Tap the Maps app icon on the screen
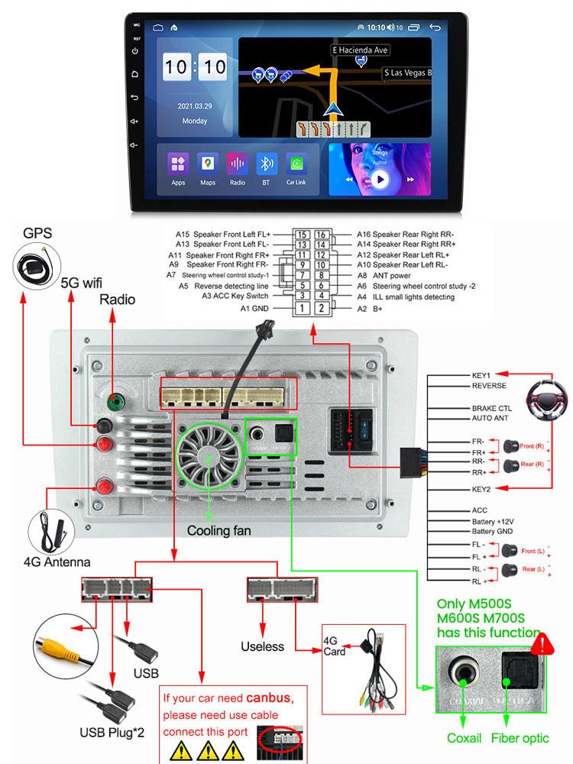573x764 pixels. point(208,163)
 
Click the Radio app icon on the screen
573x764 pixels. point(237,163)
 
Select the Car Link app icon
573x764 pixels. point(296,163)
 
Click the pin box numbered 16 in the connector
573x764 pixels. point(321,235)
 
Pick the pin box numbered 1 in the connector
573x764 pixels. point(303,308)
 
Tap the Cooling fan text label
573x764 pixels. point(219,530)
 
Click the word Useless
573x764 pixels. point(262,646)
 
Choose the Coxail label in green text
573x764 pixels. point(465,738)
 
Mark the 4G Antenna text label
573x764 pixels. point(57,562)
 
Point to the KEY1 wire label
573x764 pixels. point(481,376)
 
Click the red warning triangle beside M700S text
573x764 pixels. point(542,643)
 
